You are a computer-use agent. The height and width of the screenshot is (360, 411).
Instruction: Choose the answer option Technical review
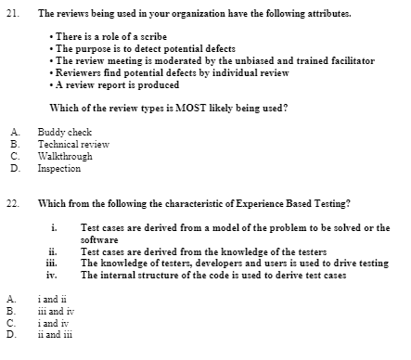tap(73, 146)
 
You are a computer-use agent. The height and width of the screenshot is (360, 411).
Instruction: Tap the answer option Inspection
tap(59, 169)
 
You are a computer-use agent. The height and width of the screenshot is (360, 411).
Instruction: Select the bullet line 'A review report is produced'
tap(116, 84)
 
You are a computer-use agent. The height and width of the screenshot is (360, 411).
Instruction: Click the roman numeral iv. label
tap(54, 276)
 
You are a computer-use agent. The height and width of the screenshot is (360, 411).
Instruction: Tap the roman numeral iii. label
tap(54, 264)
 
